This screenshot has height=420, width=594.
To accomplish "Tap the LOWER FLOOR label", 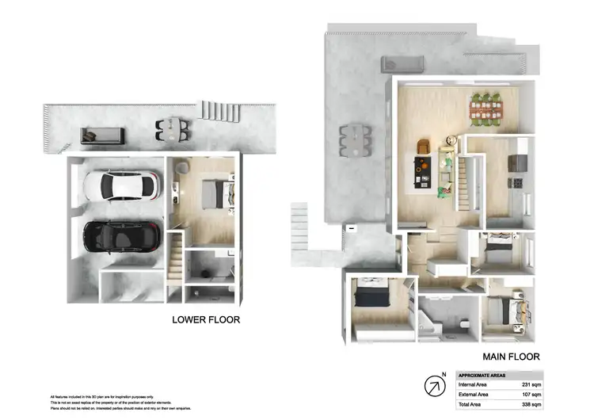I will coord(206,320).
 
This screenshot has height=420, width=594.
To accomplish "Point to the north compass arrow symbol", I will coord(435,385).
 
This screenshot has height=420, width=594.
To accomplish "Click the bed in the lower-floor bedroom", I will coord(215,193).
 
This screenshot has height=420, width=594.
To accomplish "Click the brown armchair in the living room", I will coord(423,147).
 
